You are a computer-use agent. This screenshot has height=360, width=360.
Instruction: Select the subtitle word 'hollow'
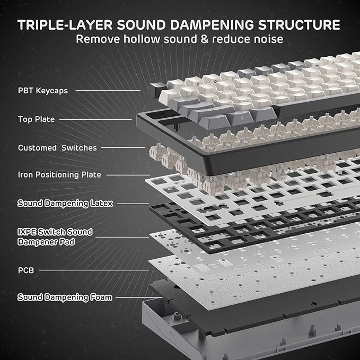click(139, 39)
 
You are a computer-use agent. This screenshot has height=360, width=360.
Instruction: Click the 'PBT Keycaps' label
click(43, 91)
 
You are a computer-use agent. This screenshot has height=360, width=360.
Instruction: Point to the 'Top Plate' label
click(36, 119)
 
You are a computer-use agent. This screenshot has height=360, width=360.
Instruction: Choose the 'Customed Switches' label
click(57, 148)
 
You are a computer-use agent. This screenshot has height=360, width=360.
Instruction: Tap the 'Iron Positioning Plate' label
click(59, 174)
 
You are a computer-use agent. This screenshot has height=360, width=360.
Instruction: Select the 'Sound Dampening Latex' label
click(65, 203)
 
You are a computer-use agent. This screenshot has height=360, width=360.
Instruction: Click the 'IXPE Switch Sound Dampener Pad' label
click(55, 236)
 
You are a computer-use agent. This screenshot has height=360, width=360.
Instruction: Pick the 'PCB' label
click(26, 270)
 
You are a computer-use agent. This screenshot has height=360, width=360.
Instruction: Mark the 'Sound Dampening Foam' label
click(65, 297)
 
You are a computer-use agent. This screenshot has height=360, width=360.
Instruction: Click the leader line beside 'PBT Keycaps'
click(108, 91)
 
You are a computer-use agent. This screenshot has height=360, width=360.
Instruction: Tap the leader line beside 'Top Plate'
click(95, 119)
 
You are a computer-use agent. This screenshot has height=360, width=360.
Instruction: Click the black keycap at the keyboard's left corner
click(156, 86)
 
